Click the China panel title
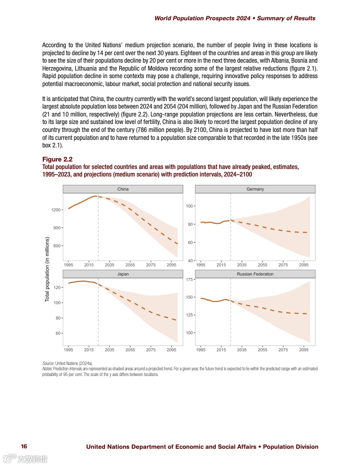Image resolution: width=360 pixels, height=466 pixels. (x=123, y=189)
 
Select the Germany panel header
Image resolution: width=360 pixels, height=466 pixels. (x=255, y=189)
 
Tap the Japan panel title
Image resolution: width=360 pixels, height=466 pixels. (x=123, y=274)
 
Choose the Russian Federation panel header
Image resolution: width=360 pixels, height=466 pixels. (x=255, y=274)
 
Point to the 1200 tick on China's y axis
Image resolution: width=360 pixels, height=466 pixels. (x=56, y=210)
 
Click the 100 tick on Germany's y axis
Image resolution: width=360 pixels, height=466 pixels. (x=189, y=206)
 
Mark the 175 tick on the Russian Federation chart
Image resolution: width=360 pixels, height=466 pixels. (x=189, y=279)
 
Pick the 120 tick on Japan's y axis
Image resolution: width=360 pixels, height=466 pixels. (x=57, y=288)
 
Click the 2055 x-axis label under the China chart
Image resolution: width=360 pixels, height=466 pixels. (x=130, y=265)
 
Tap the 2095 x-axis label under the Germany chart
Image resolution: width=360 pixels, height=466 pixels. (x=304, y=265)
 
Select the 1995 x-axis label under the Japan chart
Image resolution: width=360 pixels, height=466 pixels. (x=68, y=350)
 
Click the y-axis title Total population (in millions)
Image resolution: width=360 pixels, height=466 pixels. (x=47, y=270)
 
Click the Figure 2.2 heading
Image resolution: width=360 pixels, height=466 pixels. (x=57, y=159)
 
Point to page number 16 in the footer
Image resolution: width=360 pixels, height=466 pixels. (x=24, y=447)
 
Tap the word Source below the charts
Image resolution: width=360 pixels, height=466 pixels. (x=48, y=363)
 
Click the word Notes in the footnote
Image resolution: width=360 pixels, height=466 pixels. (x=47, y=368)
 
